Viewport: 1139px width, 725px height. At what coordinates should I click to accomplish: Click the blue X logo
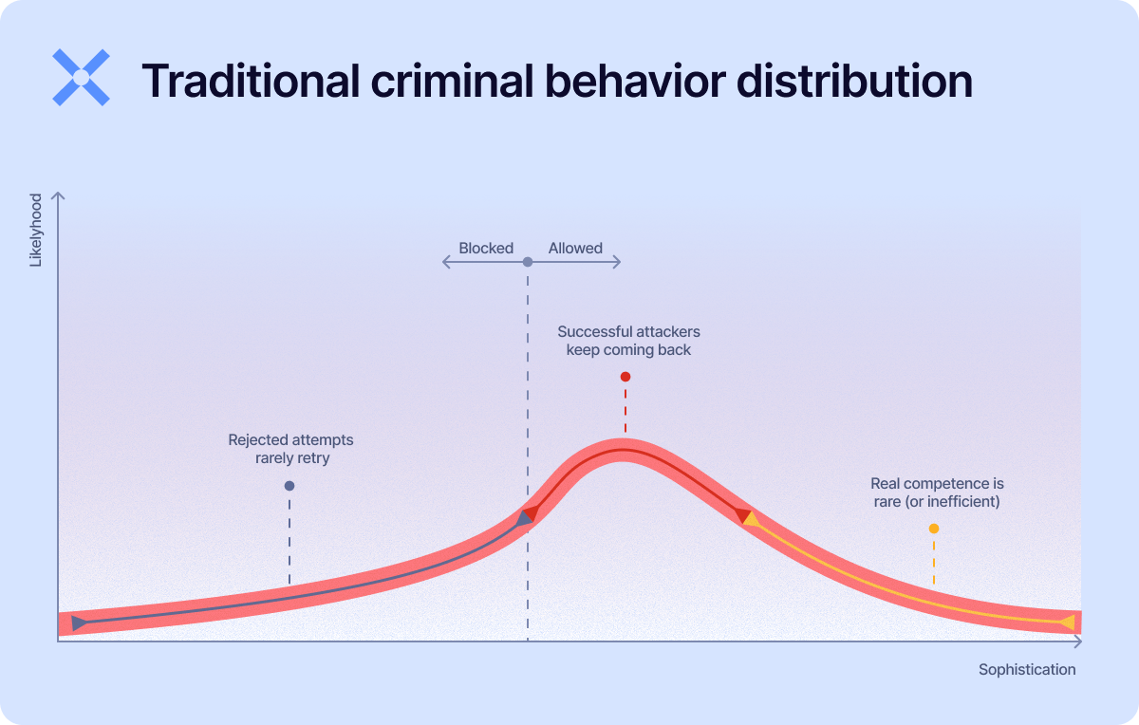pos(81,77)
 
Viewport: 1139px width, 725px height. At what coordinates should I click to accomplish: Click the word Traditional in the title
pos(249,82)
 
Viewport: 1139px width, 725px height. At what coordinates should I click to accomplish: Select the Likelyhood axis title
pos(36,230)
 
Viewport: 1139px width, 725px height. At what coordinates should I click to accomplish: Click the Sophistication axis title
pos(1027,669)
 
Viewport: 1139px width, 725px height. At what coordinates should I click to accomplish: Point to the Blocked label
pos(486,249)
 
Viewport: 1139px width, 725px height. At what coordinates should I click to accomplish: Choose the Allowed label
pos(575,249)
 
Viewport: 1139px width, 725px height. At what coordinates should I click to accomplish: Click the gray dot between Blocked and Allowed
pos(528,262)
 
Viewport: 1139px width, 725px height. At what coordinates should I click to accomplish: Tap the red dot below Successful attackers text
pos(625,377)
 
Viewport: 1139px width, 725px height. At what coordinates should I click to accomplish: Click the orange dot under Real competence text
pos(934,529)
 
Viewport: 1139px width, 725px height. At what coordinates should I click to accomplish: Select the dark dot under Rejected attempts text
pos(289,486)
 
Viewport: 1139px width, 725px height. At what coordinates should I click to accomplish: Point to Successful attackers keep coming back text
pos(628,341)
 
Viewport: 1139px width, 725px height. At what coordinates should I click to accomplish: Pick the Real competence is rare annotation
pos(937,493)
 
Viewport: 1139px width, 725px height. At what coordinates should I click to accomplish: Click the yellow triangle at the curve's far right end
pos(1067,623)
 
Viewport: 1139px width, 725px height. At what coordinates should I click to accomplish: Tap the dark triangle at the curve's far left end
pos(79,623)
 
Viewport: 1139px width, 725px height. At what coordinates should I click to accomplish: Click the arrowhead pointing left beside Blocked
pos(445,262)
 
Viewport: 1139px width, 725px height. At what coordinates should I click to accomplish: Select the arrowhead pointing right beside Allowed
pos(618,262)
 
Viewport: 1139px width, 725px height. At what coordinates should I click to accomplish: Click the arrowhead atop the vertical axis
pos(59,196)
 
